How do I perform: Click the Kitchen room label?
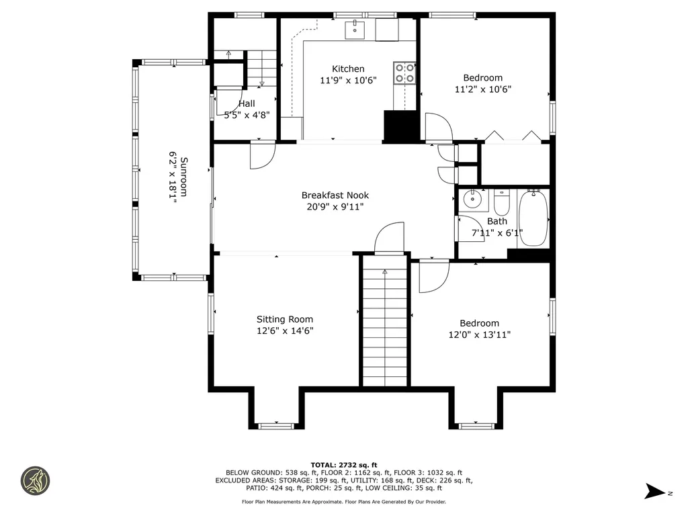[x=348, y=69]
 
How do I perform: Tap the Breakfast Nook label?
[x=335, y=196]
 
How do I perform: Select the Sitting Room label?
[x=285, y=319]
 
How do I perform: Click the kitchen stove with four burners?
[x=404, y=73]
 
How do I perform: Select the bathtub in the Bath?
[x=533, y=218]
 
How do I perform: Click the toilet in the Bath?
[x=501, y=202]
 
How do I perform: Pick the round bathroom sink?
[x=472, y=200]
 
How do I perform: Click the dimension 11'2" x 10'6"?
[x=483, y=89]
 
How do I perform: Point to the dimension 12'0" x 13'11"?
[x=480, y=335]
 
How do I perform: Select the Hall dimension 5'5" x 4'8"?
[x=247, y=116]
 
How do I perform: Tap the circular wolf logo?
[x=36, y=481]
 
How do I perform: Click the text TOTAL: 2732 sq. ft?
[x=344, y=465]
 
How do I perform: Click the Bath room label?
[x=497, y=222]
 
